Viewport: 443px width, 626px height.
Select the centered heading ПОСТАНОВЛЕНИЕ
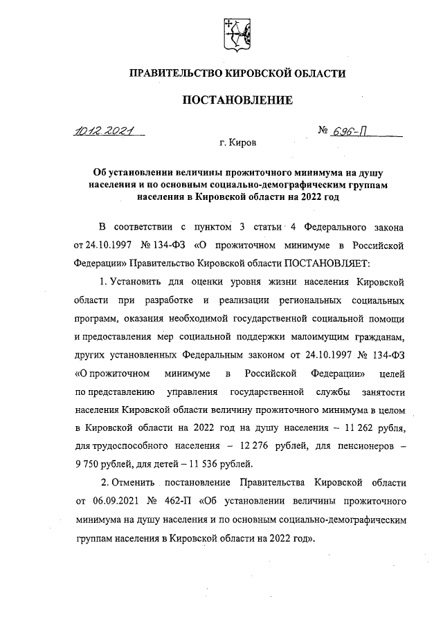(237, 100)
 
